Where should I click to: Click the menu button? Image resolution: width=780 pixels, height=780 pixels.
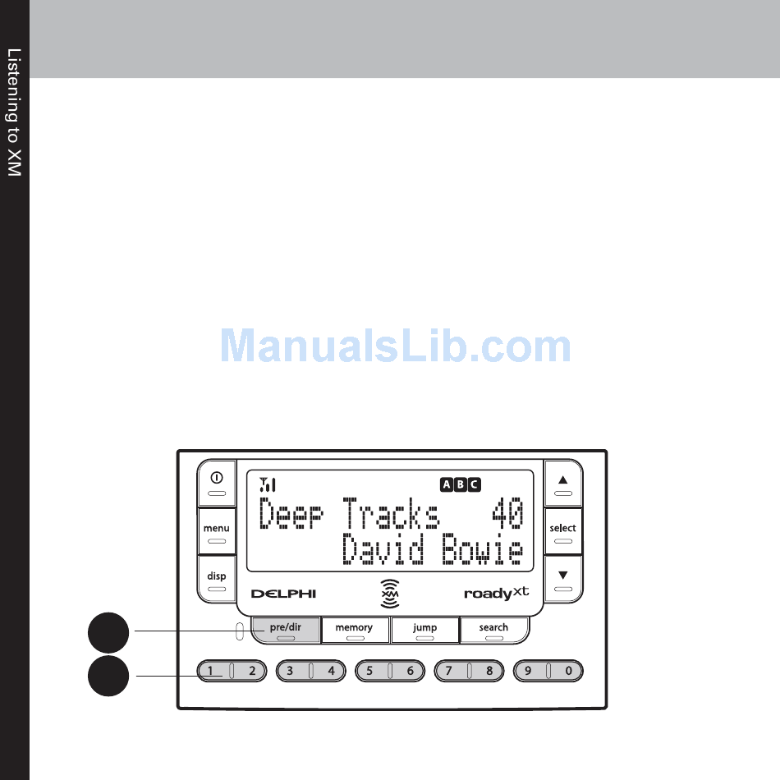(217, 532)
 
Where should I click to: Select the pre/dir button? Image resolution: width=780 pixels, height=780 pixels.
(286, 630)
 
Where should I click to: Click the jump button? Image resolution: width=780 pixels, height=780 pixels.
(424, 630)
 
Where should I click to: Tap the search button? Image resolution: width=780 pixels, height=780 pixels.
(493, 630)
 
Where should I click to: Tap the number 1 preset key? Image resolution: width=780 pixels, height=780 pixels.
(212, 671)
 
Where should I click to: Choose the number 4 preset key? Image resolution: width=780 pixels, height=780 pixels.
(332, 671)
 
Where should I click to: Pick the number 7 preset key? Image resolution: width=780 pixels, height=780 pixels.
(449, 671)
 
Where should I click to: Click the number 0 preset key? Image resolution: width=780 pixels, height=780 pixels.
(568, 671)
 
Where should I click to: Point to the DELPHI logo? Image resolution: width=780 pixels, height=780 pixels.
(283, 594)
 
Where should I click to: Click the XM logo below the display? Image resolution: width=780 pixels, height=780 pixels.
(391, 593)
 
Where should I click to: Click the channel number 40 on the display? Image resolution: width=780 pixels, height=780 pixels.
(507, 514)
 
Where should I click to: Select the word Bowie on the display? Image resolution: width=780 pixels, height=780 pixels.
(482, 551)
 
